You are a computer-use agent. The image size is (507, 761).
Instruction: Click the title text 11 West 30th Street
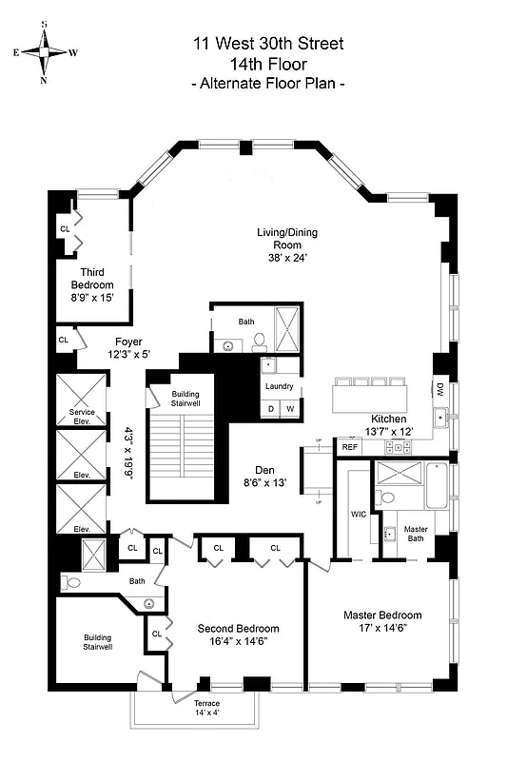pos(267,44)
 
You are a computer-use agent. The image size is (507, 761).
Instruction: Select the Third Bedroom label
pos(91,279)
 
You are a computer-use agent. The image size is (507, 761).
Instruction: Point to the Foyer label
pos(128,341)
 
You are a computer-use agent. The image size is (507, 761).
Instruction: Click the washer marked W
pos(289,409)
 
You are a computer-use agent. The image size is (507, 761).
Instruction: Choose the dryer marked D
pos(270,409)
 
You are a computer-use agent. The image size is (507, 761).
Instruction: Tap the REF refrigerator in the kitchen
pos(349,446)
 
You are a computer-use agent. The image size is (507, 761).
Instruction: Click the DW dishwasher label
pos(439,388)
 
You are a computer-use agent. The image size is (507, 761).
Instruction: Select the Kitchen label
pos(388,419)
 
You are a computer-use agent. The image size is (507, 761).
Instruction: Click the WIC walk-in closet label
pos(359,514)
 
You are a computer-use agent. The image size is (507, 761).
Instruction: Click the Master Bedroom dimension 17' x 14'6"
pos(381,630)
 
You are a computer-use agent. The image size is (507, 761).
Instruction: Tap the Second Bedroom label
pos(238,629)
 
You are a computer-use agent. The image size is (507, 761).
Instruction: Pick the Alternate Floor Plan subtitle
pos(267,85)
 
